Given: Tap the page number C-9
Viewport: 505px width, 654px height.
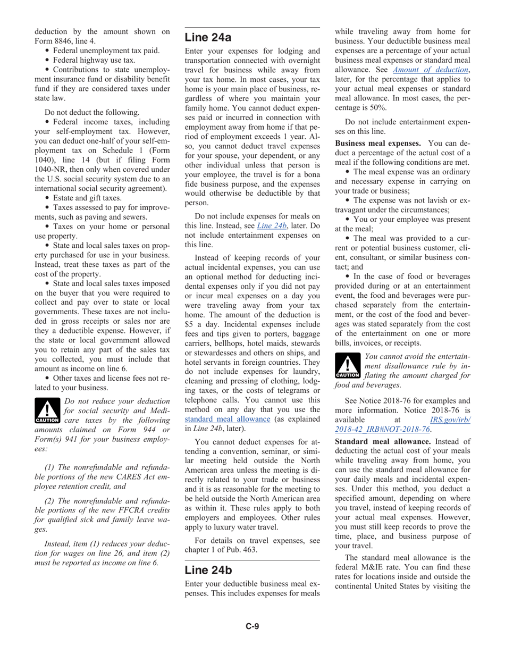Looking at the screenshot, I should pyautogui.click(x=252, y=626).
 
